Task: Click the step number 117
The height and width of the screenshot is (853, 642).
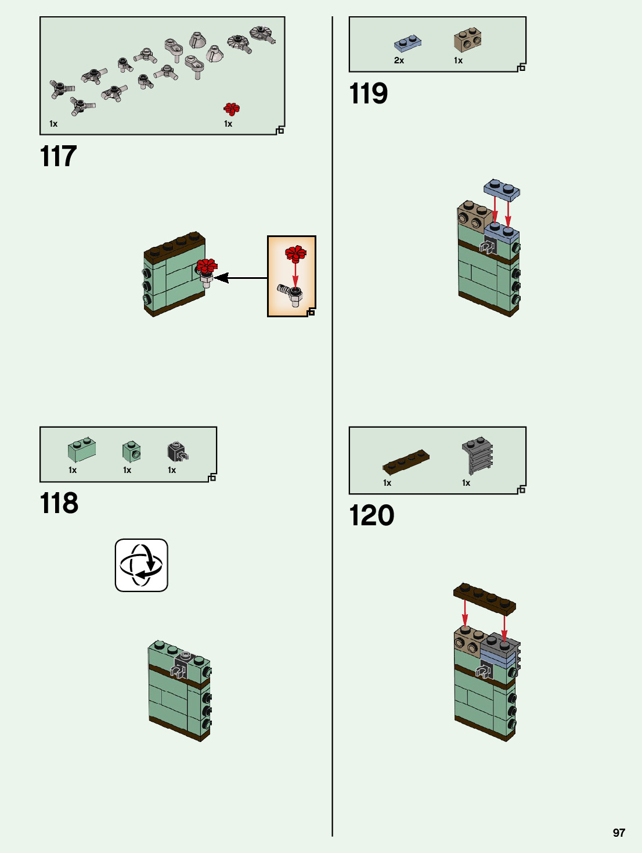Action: coord(58,156)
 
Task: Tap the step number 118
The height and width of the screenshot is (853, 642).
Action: coord(59,503)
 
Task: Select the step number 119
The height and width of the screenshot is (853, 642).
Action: coord(368,94)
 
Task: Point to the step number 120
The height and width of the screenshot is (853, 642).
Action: coord(372,515)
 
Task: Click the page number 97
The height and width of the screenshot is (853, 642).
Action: coord(619,833)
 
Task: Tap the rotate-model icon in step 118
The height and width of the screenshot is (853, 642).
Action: coord(141,565)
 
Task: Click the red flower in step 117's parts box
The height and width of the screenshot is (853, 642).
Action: coord(232,109)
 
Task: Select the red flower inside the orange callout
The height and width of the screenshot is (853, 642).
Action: coord(295,253)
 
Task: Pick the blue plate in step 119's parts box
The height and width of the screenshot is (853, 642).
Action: coord(407,44)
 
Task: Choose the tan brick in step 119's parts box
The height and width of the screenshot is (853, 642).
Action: coord(467,39)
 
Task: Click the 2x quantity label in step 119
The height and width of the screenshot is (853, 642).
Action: coord(399,60)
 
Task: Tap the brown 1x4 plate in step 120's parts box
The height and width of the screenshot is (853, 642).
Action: coord(406,461)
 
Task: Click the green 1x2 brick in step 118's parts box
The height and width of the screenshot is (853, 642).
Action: coord(82,449)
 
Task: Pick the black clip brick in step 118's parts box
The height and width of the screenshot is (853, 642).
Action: coord(178,451)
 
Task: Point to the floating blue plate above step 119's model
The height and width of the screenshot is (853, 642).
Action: coord(502,189)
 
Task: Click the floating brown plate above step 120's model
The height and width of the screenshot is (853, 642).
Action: coord(484,598)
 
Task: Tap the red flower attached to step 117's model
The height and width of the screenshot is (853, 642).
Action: coord(206,267)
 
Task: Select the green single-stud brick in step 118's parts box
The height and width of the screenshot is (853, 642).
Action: coord(131,451)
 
